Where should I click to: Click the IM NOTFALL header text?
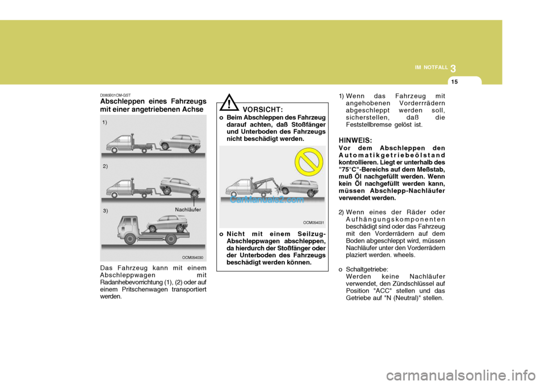(431, 68)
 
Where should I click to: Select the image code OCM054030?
(193, 257)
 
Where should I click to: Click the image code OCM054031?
(313, 223)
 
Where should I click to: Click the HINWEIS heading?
(355, 140)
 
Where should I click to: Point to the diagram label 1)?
(106, 122)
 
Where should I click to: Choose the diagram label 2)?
(106, 166)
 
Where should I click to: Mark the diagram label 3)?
(106, 210)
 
